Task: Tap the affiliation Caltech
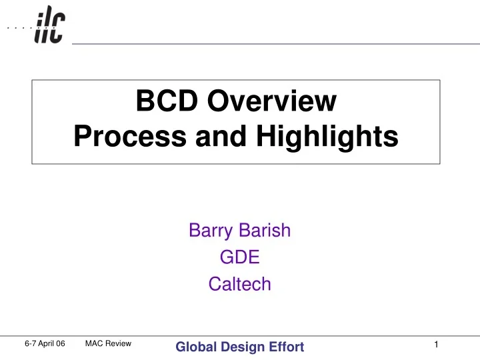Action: [x=239, y=284]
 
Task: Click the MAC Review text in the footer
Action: [x=109, y=343]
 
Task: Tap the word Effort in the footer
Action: [x=285, y=346]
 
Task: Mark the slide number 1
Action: [x=435, y=344]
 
